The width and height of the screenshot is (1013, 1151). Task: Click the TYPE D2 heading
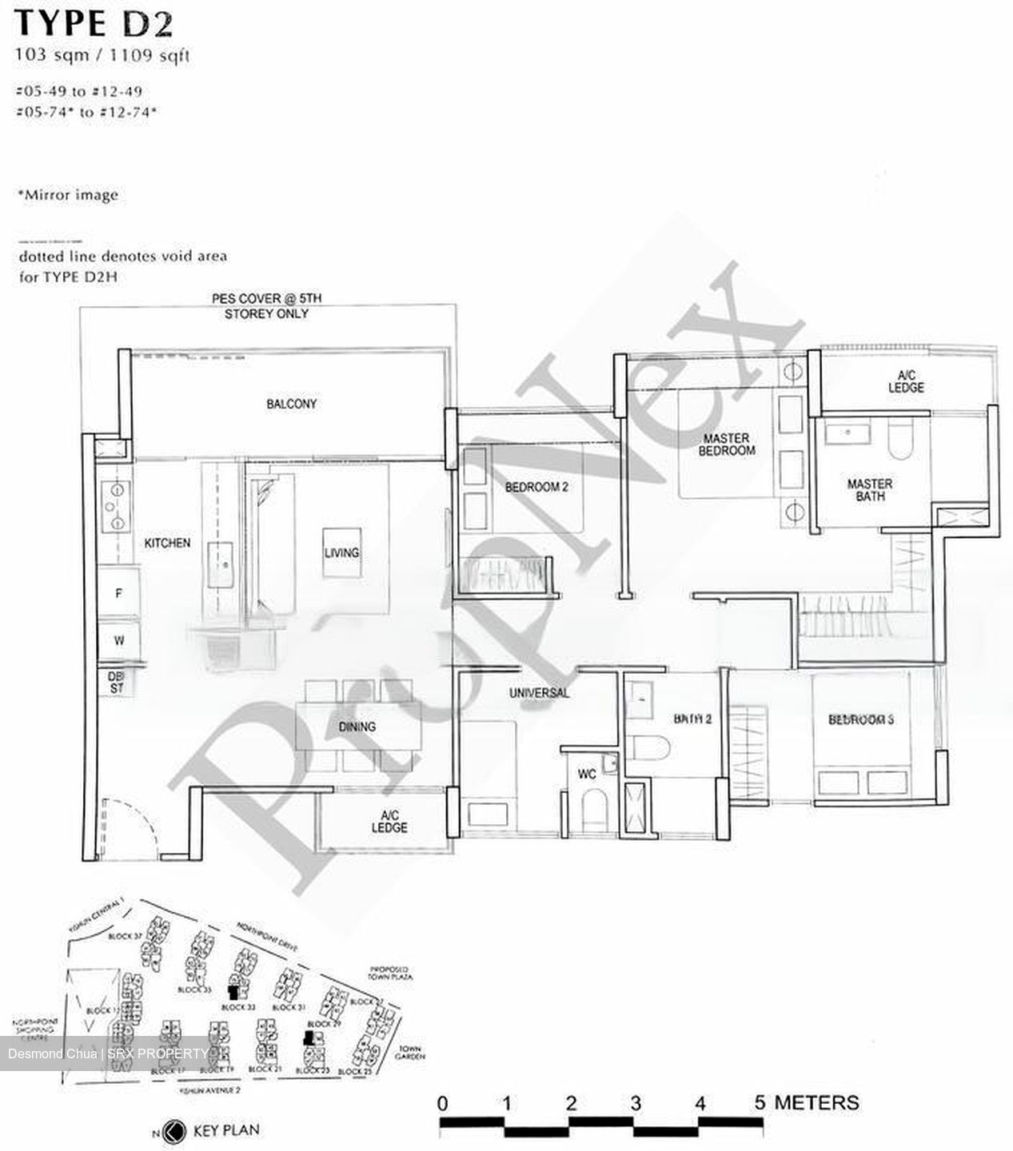(x=93, y=24)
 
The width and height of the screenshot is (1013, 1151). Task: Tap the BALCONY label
(x=291, y=404)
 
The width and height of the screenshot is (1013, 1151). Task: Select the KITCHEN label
(x=167, y=543)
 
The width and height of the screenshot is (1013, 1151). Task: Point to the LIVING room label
(x=341, y=552)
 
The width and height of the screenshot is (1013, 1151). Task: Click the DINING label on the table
(x=357, y=727)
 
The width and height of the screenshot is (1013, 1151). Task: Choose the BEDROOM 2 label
(x=536, y=486)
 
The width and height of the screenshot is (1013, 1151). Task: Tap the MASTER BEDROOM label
(x=726, y=444)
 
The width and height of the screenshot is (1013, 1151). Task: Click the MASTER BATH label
(x=870, y=490)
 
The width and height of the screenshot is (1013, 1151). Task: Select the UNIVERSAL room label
(x=539, y=692)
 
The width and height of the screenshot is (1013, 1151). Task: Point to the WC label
(x=587, y=775)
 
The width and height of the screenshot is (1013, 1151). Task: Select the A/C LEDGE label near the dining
(x=389, y=821)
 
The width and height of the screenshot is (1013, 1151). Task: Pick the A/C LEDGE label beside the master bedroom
(x=906, y=381)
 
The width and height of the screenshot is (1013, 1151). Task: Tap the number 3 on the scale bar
(x=636, y=1104)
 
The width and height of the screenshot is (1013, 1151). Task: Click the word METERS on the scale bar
(x=816, y=1103)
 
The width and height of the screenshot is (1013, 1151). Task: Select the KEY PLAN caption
(x=226, y=1131)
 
